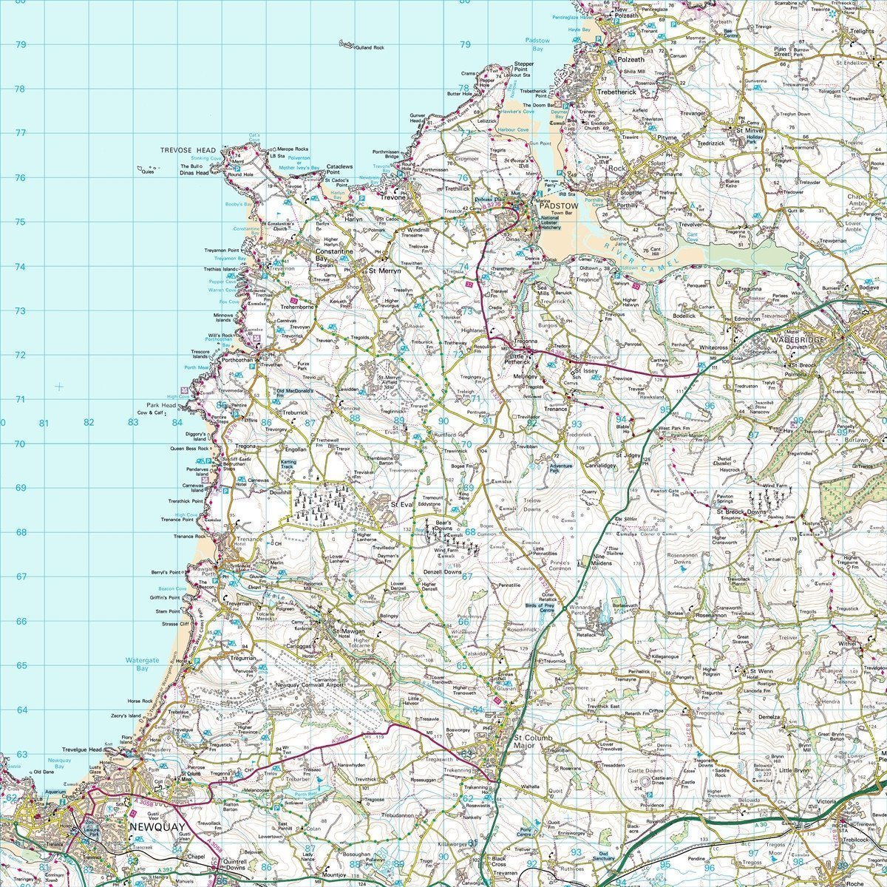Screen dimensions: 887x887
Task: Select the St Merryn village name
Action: pos(384,271)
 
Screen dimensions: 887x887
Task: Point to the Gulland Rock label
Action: pos(370,47)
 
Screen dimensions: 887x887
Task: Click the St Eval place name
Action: pos(400,504)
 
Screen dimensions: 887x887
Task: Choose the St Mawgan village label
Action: pos(351,631)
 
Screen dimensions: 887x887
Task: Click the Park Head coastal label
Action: pos(160,405)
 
